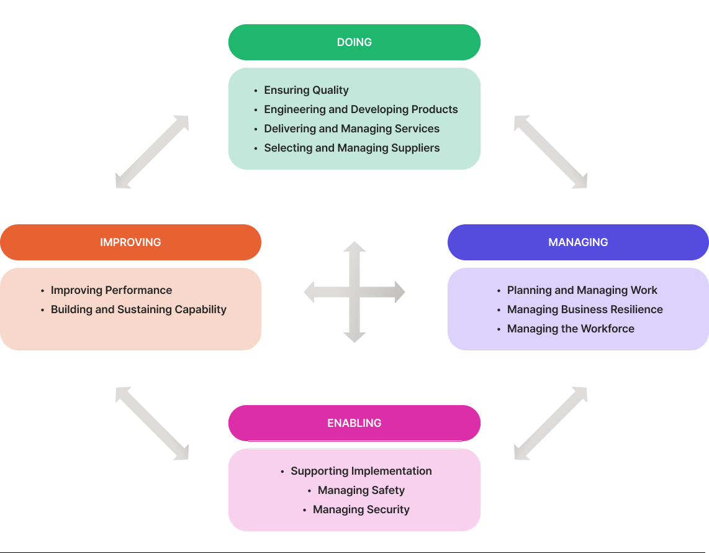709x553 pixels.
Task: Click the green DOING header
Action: point(354,42)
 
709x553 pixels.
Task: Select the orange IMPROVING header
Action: point(130,242)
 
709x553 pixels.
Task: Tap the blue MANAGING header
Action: point(579,242)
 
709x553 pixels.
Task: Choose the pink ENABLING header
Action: point(354,423)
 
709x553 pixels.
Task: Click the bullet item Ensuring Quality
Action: point(306,90)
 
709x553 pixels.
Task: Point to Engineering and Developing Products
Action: point(361,109)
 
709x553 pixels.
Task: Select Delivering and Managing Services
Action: point(352,129)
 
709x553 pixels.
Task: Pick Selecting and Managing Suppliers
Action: point(352,148)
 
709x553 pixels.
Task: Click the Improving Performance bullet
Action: point(111,290)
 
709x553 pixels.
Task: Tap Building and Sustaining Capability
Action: point(138,309)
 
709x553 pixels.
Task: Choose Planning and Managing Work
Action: point(582,290)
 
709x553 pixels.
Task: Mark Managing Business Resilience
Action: point(585,309)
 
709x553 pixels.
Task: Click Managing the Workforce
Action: point(571,329)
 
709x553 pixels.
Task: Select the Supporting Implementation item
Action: point(361,471)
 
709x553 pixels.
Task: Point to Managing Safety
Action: point(361,490)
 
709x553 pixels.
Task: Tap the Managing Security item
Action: point(361,510)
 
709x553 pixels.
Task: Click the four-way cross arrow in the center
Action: point(354,292)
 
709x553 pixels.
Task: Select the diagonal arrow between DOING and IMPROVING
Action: point(152,152)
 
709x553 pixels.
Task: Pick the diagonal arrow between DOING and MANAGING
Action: point(550,152)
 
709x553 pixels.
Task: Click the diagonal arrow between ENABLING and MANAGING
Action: point(550,424)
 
